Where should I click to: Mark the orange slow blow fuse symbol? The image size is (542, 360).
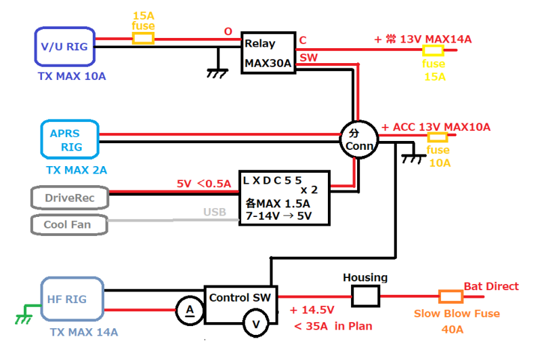tap(451, 297)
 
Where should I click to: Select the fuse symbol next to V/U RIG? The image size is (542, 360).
tap(143, 39)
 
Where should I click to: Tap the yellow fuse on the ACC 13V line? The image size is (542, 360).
tap(438, 137)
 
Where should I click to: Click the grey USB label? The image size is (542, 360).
tap(215, 212)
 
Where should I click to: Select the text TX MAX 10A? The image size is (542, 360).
tap(72, 76)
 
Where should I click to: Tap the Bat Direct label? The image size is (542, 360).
tap(491, 286)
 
